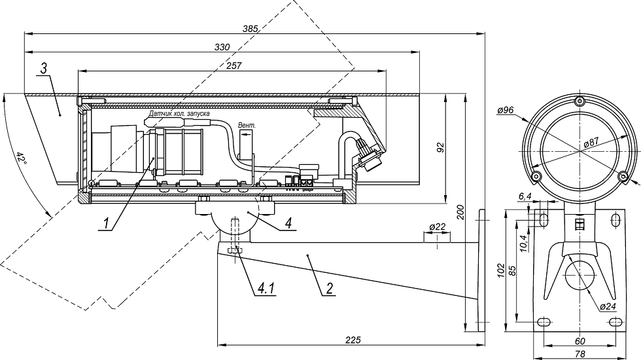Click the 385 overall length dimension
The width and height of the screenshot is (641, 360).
[x=250, y=29]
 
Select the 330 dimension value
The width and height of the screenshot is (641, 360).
[x=222, y=47]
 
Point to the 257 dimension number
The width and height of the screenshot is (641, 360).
[x=234, y=65]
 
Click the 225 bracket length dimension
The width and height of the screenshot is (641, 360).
[x=353, y=340]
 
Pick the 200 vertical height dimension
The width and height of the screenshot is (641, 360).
[x=460, y=212]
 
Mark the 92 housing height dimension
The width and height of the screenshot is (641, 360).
[x=440, y=148]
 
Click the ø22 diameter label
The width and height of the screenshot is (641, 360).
[x=438, y=226]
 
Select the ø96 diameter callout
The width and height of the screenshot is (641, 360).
[x=505, y=111]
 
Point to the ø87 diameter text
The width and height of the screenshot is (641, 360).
[x=591, y=143]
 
